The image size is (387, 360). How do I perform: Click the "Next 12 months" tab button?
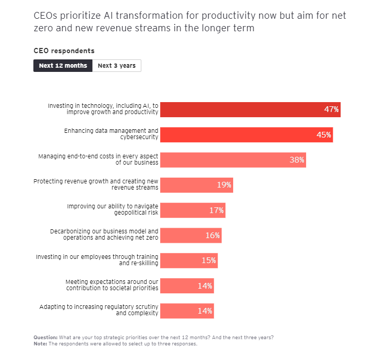(x=63, y=66)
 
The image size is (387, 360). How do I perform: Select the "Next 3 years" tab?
(x=116, y=66)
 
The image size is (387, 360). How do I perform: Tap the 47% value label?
(x=331, y=109)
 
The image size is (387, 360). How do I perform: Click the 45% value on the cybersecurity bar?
(x=323, y=134)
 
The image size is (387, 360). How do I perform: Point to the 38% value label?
(x=297, y=160)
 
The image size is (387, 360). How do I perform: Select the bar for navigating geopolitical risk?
(x=192, y=210)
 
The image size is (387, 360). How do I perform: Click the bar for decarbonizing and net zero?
(x=190, y=235)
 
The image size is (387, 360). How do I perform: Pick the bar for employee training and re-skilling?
(x=188, y=260)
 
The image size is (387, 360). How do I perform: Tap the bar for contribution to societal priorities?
(x=186, y=285)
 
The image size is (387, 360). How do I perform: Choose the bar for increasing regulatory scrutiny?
(x=186, y=311)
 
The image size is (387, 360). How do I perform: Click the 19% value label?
(x=224, y=185)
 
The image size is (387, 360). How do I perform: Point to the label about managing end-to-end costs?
(x=99, y=159)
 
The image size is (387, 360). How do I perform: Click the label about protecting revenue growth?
(x=96, y=184)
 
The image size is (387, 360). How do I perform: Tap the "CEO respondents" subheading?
(x=64, y=51)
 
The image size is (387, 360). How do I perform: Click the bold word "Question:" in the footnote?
(x=45, y=337)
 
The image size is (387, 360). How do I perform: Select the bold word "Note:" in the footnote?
(x=40, y=343)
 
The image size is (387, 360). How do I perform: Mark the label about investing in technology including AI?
(x=103, y=109)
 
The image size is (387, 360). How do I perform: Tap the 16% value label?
(x=212, y=235)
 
